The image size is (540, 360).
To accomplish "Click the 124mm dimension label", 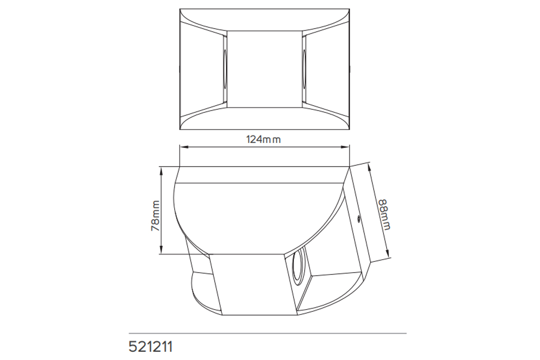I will click(263, 139).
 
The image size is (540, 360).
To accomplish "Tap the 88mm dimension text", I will click(384, 213).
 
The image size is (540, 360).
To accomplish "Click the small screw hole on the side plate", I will click(358, 219).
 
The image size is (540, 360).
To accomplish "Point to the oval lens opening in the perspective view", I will click(297, 267).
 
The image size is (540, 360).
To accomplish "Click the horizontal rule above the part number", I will click(267, 333).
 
